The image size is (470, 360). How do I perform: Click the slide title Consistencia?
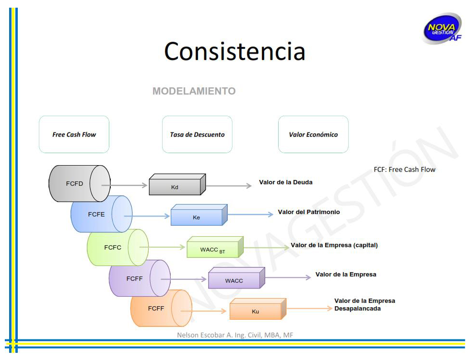pyautogui.click(x=235, y=51)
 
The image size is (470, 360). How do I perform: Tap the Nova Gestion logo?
pyautogui.click(x=441, y=28)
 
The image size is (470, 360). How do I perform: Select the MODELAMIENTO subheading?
pyautogui.click(x=194, y=91)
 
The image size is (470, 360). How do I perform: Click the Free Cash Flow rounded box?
pyautogui.click(x=74, y=134)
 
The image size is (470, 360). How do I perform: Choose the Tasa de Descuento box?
pyautogui.click(x=197, y=134)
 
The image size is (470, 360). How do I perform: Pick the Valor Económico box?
pyautogui.click(x=313, y=134)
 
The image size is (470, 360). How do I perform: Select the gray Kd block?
pyautogui.click(x=176, y=186)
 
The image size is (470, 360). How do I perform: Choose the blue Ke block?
pyautogui.click(x=197, y=216)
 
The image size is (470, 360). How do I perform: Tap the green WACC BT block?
pyautogui.click(x=213, y=249)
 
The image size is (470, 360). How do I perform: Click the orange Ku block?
pyautogui.click(x=256, y=310)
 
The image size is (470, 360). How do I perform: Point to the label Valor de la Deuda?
pyautogui.click(x=285, y=182)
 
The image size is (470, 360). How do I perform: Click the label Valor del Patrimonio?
pyautogui.click(x=309, y=212)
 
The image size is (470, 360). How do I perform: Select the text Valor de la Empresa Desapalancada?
pyautogui.click(x=364, y=304)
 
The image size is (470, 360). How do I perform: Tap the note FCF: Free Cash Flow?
pyautogui.click(x=404, y=169)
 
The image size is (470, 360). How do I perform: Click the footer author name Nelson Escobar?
pyautogui.click(x=235, y=335)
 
